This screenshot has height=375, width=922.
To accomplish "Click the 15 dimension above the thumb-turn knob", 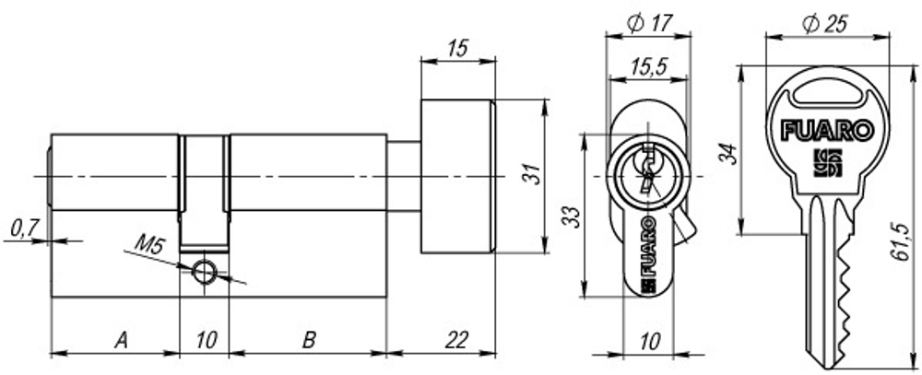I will point(456,49).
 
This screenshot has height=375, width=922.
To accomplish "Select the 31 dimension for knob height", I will point(528,174).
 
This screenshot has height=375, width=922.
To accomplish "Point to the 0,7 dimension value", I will point(23,227).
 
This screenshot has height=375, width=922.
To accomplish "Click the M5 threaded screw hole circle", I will point(204,272).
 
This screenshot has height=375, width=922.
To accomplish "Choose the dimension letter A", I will point(120,340).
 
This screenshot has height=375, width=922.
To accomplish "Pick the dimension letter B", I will point(310,340).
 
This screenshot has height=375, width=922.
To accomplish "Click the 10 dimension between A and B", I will point(206,340).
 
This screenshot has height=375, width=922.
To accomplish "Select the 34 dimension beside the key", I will point(728,151).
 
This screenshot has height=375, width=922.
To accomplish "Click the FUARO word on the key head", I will point(826,130).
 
